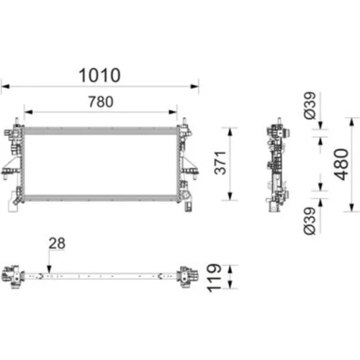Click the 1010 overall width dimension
(99, 76)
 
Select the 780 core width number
(101, 102)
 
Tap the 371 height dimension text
(220, 163)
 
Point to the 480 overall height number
(341, 164)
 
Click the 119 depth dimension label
(215, 278)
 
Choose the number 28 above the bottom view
(57, 243)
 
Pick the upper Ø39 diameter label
(310, 106)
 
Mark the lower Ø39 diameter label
(310, 221)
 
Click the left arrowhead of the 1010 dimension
(5, 86)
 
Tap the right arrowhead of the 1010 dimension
(194, 86)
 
